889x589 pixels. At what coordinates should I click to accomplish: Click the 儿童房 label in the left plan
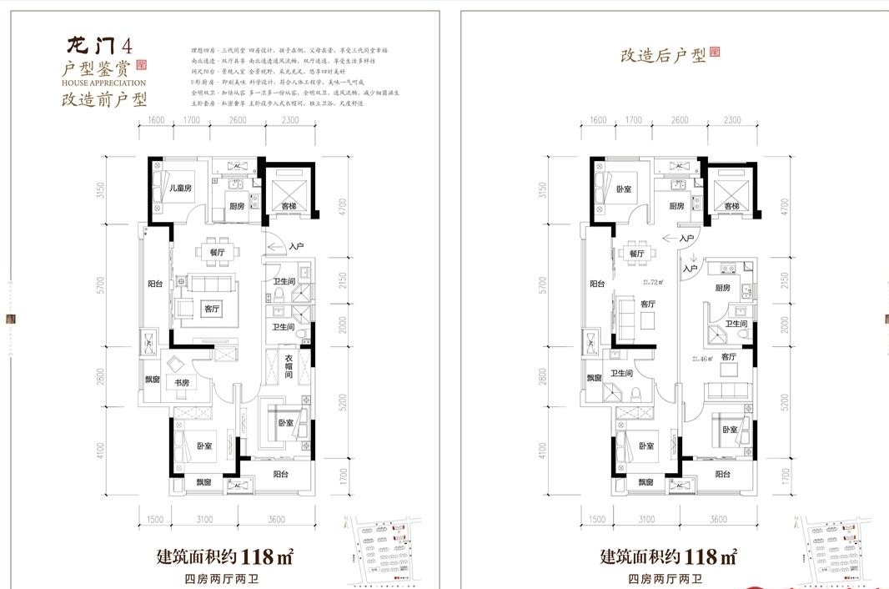pos(181,189)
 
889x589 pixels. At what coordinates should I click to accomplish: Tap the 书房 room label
pos(181,383)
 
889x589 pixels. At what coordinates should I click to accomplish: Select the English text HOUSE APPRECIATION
pos(103,83)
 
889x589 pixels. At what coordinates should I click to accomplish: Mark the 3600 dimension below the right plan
pos(720,519)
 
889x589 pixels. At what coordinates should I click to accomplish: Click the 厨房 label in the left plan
pos(236,206)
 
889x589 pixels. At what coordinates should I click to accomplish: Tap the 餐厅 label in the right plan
pos(638,253)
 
